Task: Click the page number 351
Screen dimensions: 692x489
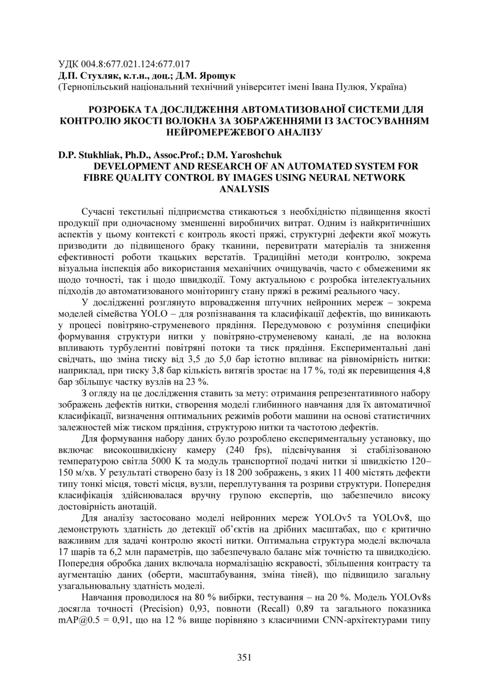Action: pos(244,657)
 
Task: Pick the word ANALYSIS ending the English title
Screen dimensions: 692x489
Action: pos(245,189)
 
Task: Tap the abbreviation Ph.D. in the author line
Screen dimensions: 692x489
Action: pos(125,155)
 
